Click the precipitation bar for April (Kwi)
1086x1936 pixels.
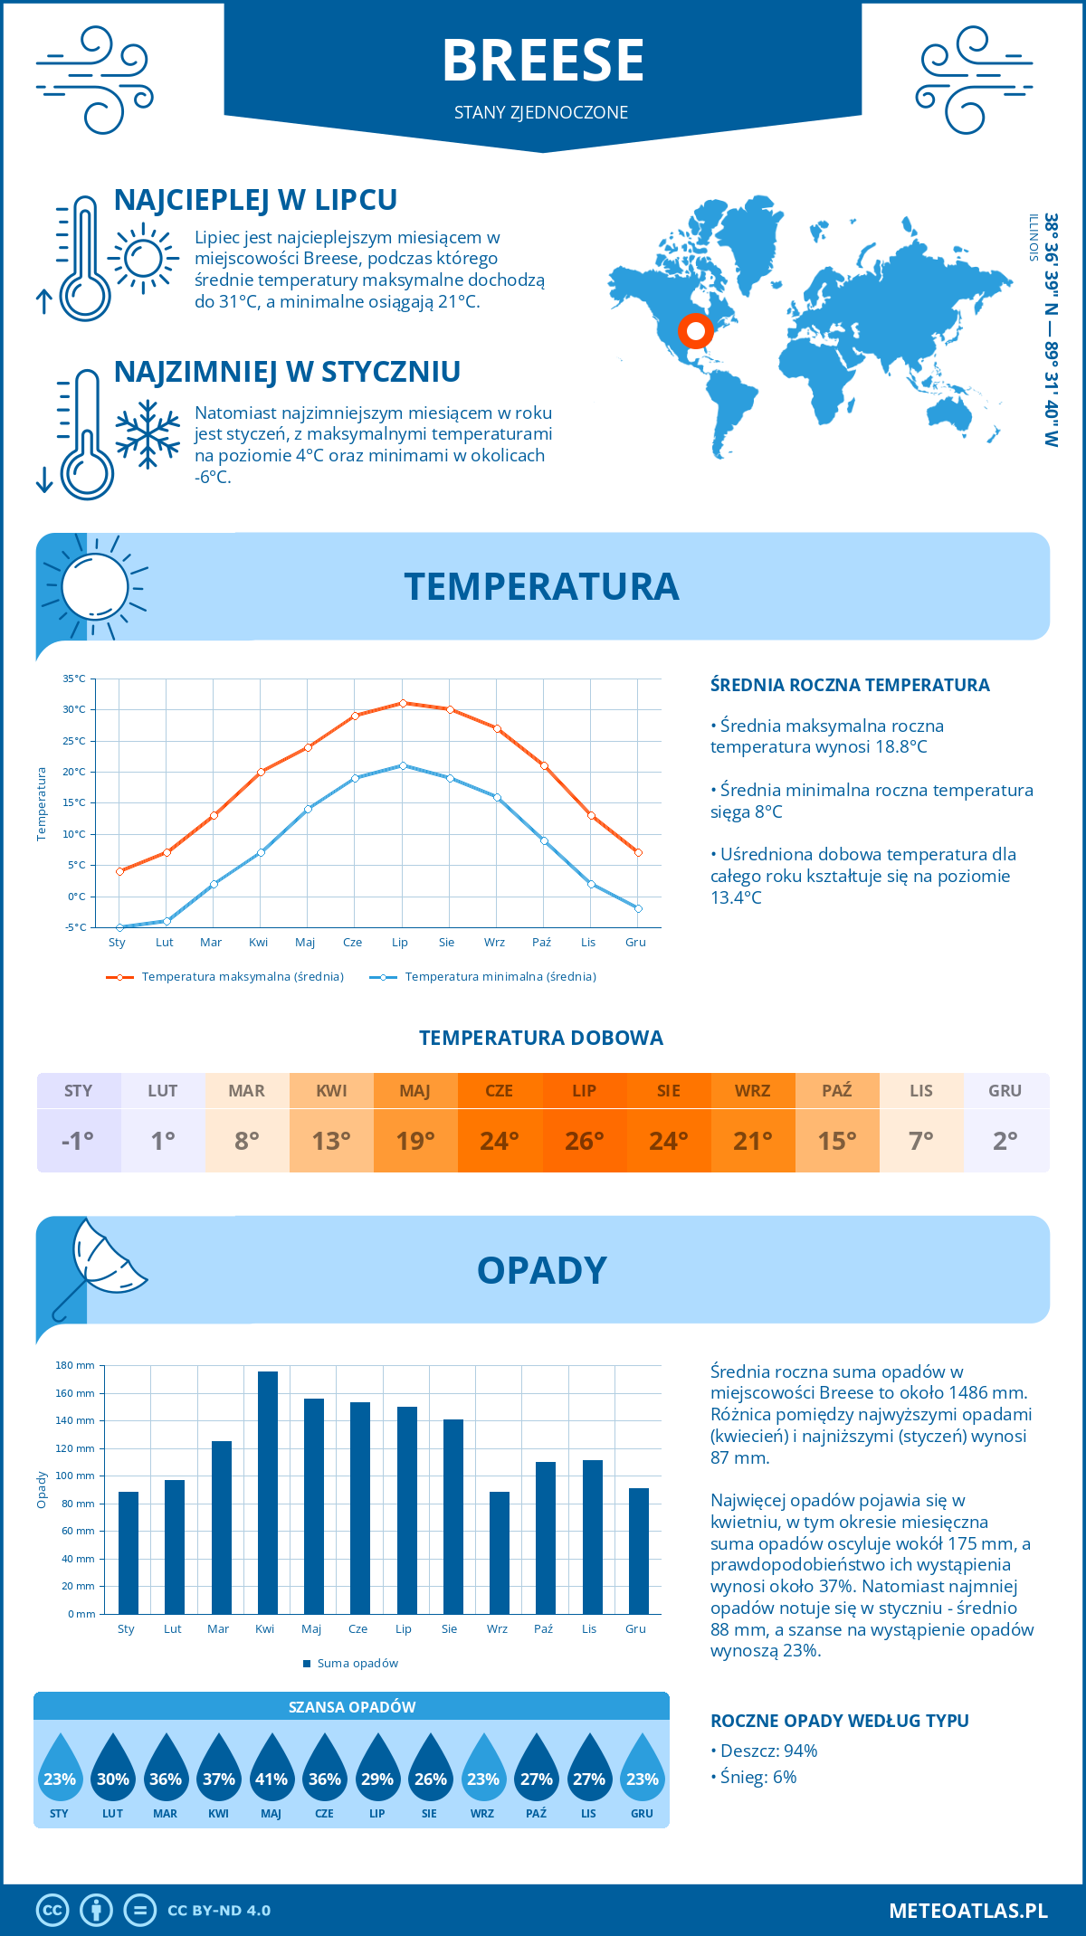268,1493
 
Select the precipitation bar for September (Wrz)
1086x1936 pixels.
500,1552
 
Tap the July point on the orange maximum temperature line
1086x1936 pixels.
404,703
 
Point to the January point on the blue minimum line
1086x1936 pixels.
119,927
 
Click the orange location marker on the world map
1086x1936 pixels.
695,331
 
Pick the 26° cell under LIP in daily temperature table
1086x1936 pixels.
584,1141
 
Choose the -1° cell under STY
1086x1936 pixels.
78,1141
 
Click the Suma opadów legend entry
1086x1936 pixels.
357,1664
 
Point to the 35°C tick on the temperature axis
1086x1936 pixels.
74,679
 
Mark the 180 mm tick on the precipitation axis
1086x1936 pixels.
76,1365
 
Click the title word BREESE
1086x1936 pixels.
543,61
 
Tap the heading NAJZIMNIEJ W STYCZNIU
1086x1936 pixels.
287,372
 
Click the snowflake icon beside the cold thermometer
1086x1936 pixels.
148,434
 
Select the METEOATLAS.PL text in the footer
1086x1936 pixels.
967,1911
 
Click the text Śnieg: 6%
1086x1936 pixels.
757,1777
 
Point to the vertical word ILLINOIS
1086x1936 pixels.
1033,238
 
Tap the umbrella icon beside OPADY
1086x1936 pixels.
101,1262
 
